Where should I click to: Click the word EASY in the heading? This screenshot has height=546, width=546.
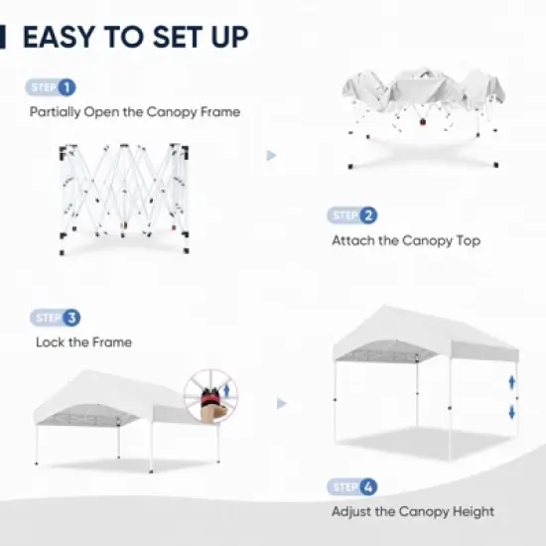tap(63, 37)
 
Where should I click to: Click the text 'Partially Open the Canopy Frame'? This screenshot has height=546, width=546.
tap(133, 112)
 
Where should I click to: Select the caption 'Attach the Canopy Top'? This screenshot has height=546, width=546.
tap(406, 240)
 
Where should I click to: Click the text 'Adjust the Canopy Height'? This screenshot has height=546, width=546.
tap(413, 512)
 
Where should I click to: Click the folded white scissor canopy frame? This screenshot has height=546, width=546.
tap(124, 194)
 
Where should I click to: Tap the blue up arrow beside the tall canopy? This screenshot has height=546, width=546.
tap(512, 381)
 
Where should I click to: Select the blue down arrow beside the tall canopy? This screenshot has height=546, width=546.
tap(512, 411)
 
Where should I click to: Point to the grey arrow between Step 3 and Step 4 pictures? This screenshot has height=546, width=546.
tap(283, 404)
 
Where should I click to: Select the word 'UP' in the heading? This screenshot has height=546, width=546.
tap(225, 37)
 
